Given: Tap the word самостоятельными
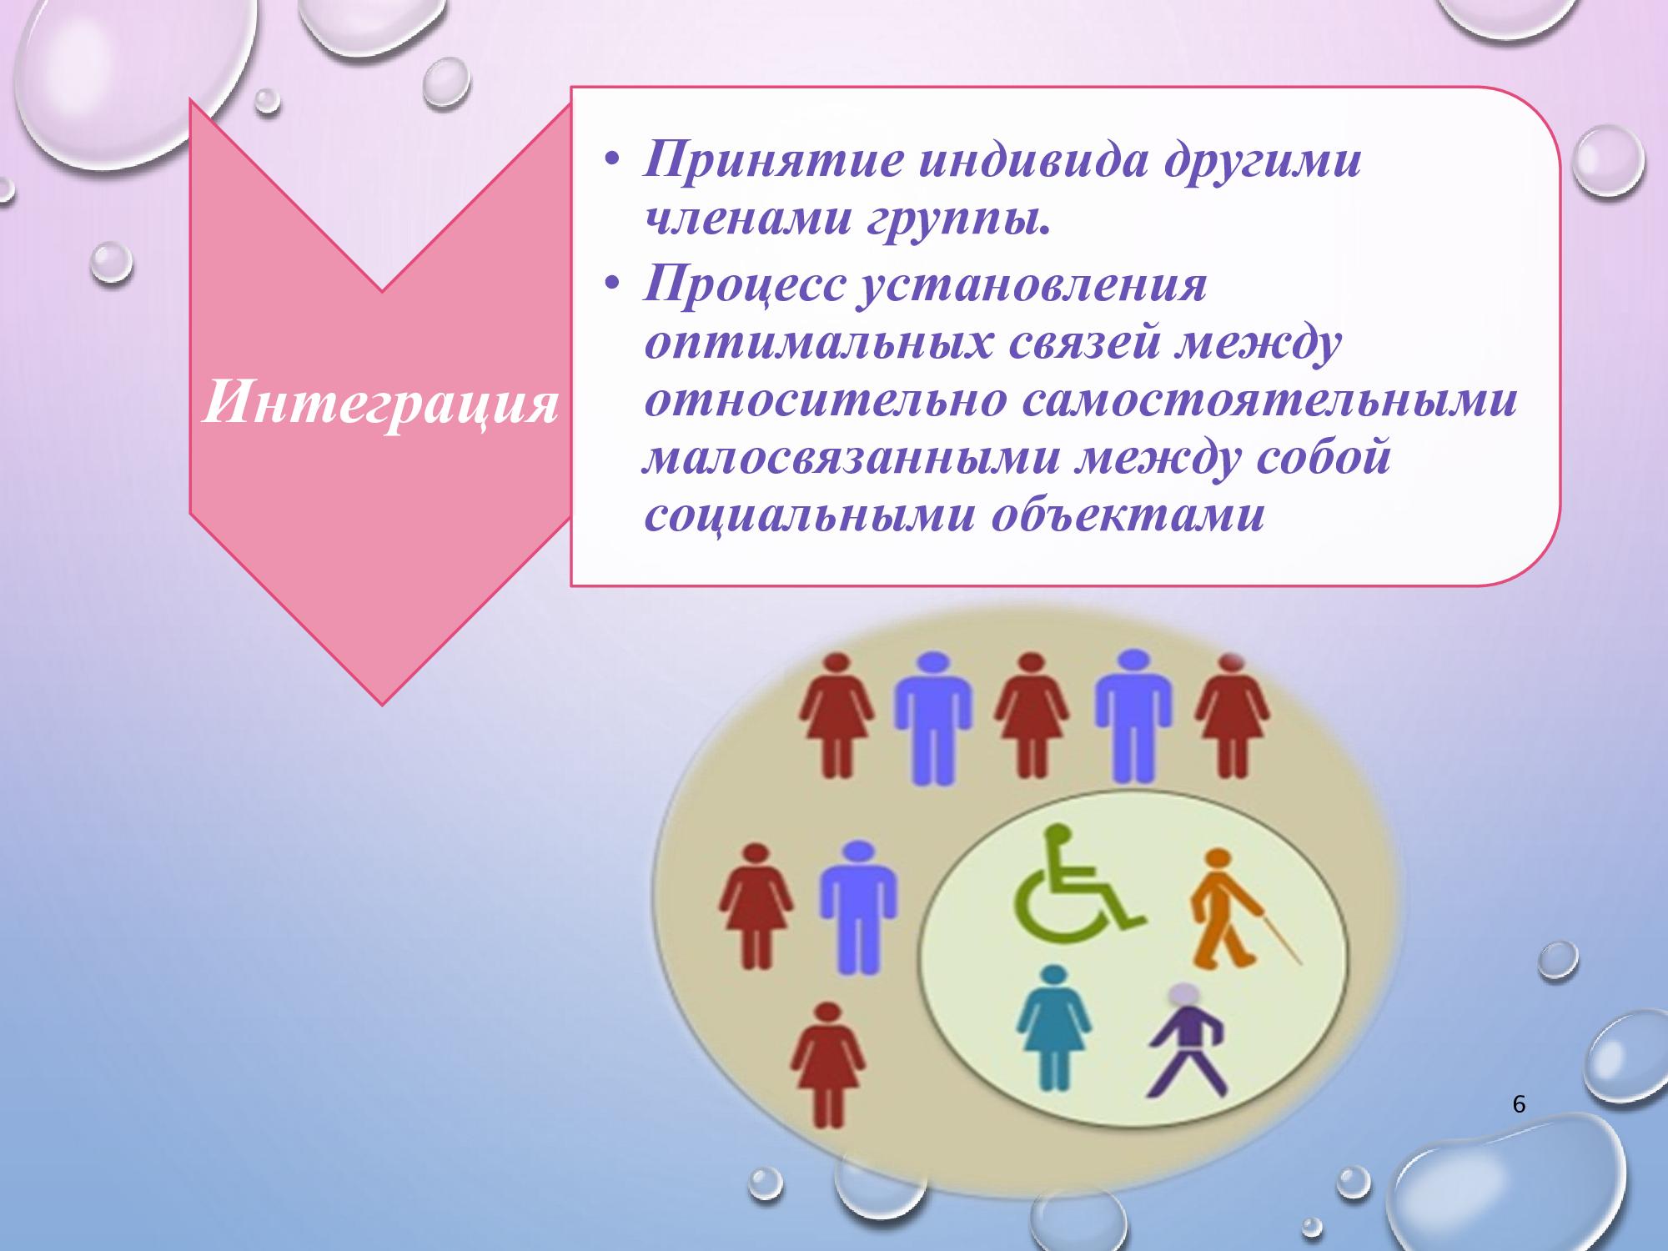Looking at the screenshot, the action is pyautogui.click(x=1267, y=402).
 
